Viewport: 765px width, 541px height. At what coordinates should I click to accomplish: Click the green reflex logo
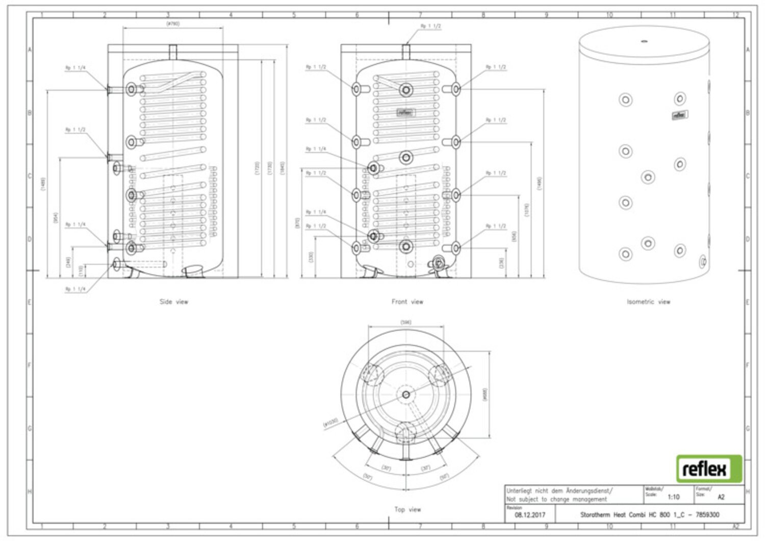[709, 469]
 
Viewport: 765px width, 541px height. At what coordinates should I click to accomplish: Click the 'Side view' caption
[174, 302]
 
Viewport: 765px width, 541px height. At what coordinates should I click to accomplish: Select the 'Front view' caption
[407, 302]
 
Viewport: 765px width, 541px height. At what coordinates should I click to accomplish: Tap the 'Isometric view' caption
[648, 302]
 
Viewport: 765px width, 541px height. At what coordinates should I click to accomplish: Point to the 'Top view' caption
[407, 509]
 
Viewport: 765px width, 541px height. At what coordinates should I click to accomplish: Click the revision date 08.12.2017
[530, 515]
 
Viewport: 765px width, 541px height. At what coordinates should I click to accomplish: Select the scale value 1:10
[673, 497]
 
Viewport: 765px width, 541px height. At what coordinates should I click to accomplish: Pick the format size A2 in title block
[721, 497]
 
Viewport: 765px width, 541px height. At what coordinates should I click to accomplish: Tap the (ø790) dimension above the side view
[173, 23]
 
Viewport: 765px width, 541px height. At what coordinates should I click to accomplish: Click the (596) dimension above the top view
[406, 322]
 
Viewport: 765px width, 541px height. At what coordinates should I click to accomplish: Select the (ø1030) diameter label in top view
[330, 422]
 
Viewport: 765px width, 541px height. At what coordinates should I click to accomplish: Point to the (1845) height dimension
[283, 168]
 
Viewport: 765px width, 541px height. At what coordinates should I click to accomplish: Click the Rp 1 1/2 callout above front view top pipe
[430, 26]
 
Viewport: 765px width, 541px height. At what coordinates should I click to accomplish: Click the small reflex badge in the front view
[406, 113]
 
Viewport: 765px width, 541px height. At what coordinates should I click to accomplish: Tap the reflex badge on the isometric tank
[679, 115]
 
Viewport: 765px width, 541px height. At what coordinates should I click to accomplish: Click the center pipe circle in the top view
[406, 394]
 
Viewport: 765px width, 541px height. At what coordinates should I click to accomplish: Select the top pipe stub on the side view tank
[173, 51]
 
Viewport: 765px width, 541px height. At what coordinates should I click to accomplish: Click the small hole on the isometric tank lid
[644, 41]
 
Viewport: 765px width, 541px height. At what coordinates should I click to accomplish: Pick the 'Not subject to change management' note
[556, 500]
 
